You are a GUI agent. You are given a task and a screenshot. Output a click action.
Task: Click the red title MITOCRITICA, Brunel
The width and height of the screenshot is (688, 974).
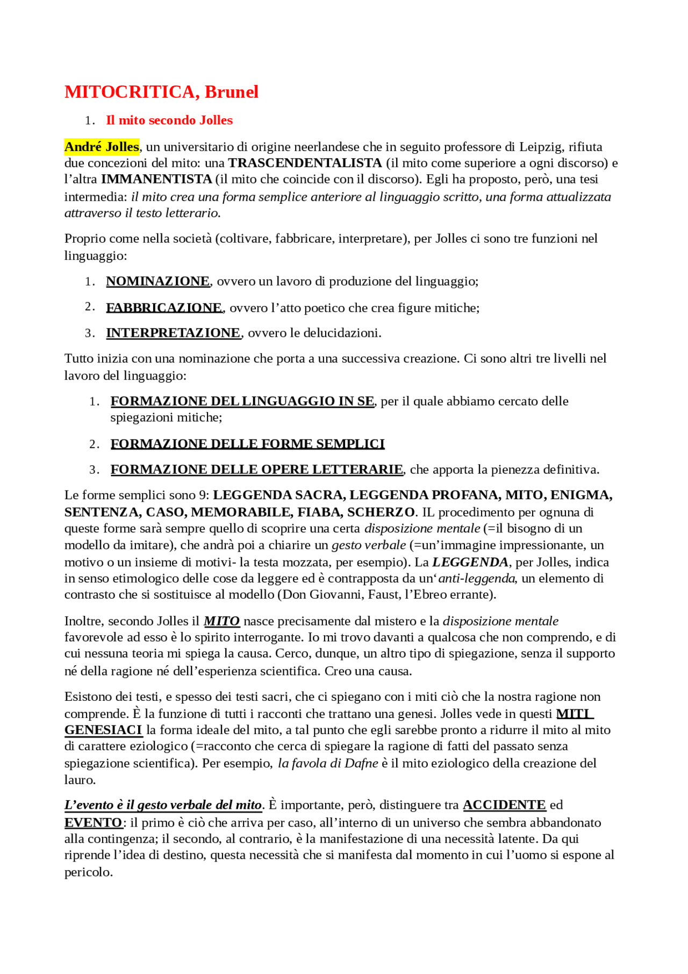coord(161,92)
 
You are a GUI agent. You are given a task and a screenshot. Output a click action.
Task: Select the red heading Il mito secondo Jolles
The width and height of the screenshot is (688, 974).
coord(169,120)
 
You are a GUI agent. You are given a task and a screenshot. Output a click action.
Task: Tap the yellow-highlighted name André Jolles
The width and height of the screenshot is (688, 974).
coord(102,146)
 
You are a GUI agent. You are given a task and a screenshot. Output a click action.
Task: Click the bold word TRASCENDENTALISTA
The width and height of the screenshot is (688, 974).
coord(305,162)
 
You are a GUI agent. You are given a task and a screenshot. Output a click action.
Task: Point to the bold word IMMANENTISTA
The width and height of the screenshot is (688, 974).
coord(156,179)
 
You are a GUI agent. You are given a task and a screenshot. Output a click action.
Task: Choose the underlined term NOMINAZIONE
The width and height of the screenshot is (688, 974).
coord(157,281)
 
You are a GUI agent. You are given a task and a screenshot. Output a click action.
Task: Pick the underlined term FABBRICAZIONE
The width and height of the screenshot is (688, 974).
coord(164,308)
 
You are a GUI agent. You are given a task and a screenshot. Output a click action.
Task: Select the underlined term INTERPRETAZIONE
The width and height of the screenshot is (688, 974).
coord(173,333)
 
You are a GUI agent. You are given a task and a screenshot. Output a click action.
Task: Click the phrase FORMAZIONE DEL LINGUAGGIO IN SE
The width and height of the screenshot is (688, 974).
coord(242,401)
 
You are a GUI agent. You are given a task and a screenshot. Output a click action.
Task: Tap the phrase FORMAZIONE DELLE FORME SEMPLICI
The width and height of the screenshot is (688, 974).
coord(247,444)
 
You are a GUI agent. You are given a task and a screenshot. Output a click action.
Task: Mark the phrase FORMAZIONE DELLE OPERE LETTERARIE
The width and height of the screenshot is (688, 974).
coord(257,470)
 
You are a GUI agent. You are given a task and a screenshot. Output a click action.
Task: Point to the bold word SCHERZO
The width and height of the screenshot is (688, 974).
coord(381,511)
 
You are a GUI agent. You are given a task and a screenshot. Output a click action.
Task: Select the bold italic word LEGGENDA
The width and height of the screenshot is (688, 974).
coord(470,562)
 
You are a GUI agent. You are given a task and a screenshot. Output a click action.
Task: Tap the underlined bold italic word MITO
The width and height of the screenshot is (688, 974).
coord(221,621)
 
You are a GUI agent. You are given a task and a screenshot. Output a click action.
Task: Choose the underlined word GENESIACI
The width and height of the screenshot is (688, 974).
coord(103,730)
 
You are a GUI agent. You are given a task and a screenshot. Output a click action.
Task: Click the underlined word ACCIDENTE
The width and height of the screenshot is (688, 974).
coord(504,805)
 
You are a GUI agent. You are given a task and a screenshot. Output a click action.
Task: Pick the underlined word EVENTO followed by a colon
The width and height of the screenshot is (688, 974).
coord(94,822)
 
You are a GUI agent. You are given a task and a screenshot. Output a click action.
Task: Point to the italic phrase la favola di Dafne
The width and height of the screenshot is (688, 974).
coord(328,763)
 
